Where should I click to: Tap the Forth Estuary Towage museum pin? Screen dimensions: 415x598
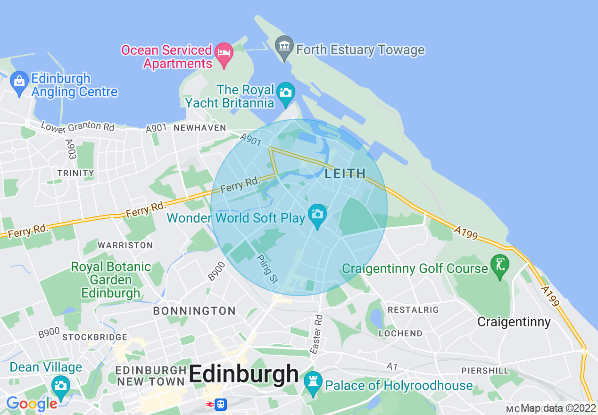[284, 47]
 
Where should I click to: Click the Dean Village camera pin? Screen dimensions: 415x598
[60, 386]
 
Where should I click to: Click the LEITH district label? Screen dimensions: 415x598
[345, 174]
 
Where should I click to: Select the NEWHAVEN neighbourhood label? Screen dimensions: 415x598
[200, 128]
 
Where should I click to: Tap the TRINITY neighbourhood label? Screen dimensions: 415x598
[75, 173]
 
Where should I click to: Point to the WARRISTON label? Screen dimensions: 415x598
[125, 245]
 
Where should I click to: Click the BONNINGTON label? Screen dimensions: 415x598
[194, 311]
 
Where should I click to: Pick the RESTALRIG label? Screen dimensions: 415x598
[413, 310]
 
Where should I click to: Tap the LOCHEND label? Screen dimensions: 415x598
[400, 333]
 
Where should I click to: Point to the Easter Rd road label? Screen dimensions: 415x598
[316, 335]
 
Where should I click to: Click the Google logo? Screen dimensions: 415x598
[32, 404]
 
